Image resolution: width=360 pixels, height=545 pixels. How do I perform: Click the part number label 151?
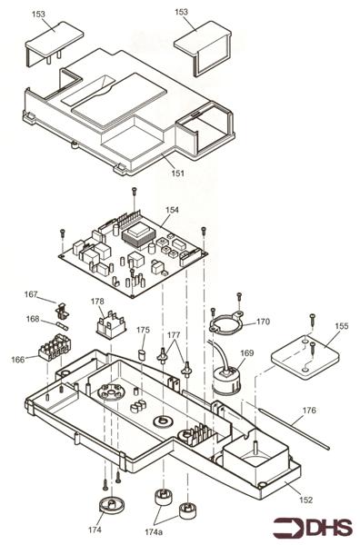[x=178, y=173]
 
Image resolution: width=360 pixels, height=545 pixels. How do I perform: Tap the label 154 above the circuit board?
[x=172, y=210]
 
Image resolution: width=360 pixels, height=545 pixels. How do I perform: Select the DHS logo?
[x=313, y=527]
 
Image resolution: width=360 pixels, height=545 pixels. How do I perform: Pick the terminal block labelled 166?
[x=55, y=347]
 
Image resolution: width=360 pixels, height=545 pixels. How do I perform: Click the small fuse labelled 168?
[x=63, y=326]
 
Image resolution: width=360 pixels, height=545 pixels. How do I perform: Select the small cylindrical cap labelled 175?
[x=143, y=355]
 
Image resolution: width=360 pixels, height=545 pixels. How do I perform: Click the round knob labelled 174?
[x=112, y=505]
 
